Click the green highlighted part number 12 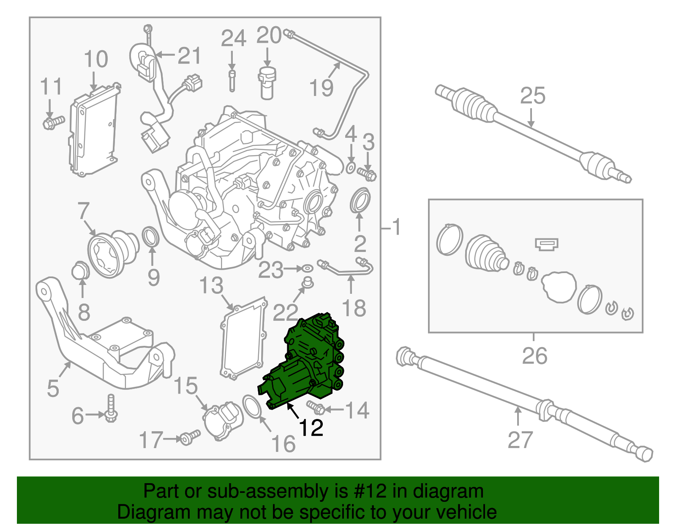click(306, 364)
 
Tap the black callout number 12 click(311, 428)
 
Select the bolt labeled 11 click(52, 123)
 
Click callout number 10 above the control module click(96, 59)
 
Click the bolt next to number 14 click(316, 408)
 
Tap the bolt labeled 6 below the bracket click(111, 408)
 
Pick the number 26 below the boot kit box click(534, 356)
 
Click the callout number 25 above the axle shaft click(532, 96)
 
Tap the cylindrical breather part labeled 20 click(267, 82)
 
